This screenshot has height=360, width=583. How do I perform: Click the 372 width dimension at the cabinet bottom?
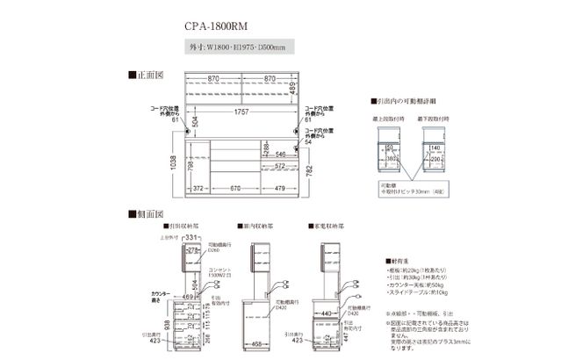[x=198, y=187]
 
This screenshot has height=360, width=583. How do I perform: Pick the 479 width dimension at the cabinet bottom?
[x=277, y=187]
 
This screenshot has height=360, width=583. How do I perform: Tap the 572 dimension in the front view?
[x=279, y=165]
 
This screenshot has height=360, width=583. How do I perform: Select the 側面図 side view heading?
[x=147, y=212]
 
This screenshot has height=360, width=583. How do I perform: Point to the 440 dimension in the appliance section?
[x=327, y=312]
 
